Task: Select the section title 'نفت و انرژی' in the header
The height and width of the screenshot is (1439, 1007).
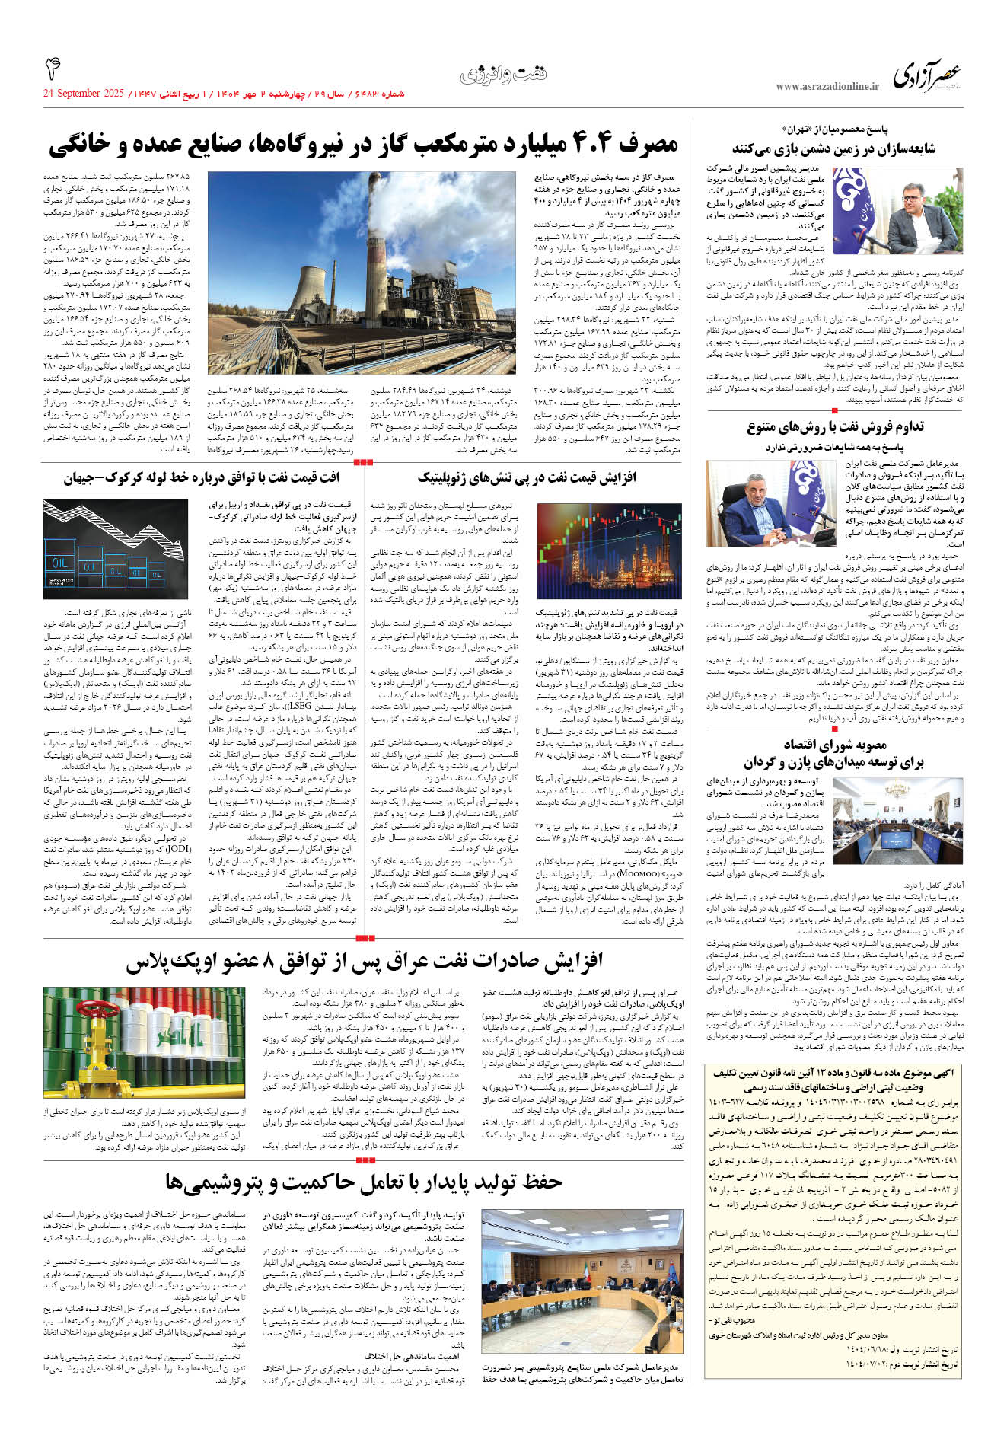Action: tap(503, 75)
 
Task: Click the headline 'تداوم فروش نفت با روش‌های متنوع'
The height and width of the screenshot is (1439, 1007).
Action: tap(835, 427)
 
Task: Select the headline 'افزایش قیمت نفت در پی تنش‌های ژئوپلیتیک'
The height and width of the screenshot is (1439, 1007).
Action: tap(527, 478)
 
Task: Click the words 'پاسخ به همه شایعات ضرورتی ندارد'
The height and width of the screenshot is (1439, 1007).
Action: tap(835, 447)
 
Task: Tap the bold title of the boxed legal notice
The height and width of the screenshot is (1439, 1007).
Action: tap(833, 1078)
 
